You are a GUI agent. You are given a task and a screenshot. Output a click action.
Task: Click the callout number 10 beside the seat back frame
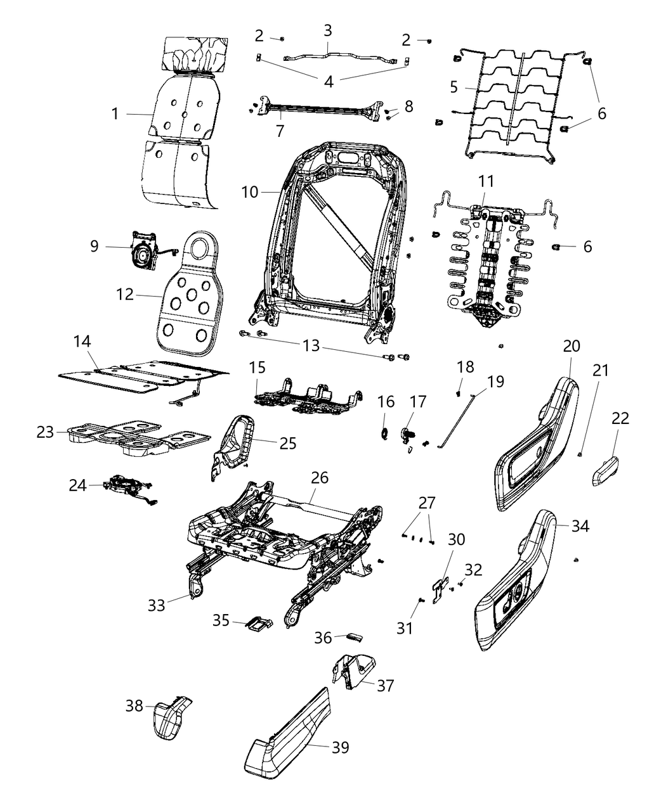point(250,191)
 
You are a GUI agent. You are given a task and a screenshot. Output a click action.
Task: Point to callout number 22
point(620,418)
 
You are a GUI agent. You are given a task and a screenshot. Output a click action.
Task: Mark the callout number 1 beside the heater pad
point(115,114)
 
